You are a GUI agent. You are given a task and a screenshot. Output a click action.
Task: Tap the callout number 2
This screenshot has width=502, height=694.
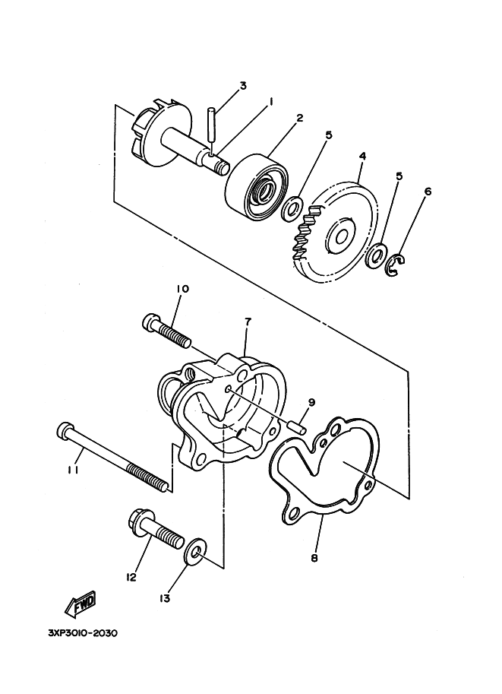coord(300,118)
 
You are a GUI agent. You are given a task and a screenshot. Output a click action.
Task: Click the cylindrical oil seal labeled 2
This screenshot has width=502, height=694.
coord(258,189)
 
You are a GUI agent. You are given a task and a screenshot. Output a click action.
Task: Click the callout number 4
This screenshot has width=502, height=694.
coord(362,157)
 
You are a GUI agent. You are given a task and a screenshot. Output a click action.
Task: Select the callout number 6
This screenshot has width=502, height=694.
coord(428,192)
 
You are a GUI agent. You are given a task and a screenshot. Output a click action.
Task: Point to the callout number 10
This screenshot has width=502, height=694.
coord(182,289)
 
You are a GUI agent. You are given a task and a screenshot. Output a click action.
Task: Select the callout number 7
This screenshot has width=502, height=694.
coord(248,322)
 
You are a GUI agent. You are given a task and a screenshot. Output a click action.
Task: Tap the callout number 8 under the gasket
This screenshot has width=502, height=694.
coord(314,558)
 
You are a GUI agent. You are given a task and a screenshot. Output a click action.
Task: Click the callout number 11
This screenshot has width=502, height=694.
coord(73,471)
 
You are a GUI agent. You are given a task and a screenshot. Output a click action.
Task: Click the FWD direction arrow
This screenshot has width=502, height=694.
coord(81,604)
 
